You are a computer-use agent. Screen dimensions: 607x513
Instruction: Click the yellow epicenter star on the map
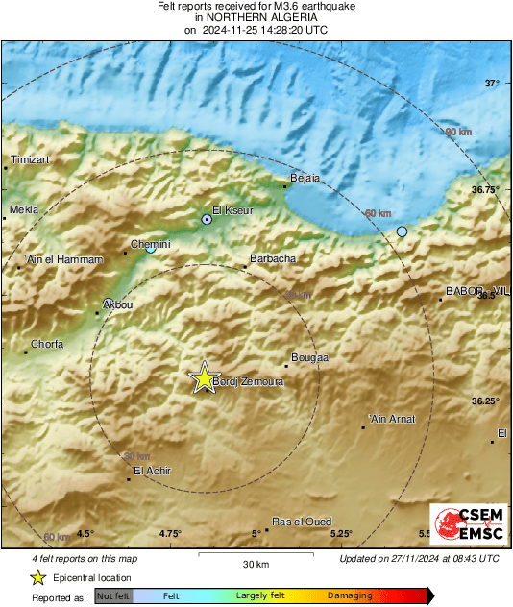tap(204, 378)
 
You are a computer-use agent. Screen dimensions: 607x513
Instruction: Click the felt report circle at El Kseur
tap(207, 220)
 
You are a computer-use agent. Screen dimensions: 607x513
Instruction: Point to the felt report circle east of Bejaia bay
tap(403, 231)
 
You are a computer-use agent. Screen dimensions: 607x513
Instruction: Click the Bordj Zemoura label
tap(248, 381)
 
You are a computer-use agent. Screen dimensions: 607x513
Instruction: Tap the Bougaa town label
tap(309, 357)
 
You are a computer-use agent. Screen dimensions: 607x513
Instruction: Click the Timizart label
tap(28, 159)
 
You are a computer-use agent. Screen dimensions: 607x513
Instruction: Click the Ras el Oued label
tap(302, 522)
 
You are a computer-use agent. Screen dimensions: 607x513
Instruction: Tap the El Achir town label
tap(151, 470)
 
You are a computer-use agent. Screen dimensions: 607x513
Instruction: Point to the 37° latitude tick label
tap(491, 84)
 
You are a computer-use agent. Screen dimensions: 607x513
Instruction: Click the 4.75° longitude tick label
tap(171, 533)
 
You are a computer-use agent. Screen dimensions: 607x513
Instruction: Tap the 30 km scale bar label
tap(256, 563)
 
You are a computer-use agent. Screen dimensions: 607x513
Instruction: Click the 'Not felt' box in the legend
tap(113, 596)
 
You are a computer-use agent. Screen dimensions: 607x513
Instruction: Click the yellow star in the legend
tap(37, 578)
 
